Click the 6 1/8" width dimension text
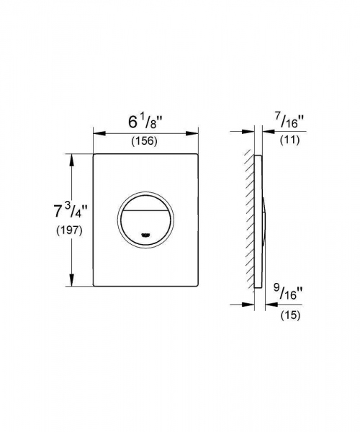[x=145, y=117]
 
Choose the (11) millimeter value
[x=292, y=140]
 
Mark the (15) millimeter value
[x=291, y=315]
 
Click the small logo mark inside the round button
[x=146, y=233]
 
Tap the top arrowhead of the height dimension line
[x=71, y=158]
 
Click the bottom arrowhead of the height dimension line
[x=71, y=282]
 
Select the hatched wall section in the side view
[x=248, y=220]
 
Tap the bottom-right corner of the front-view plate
[x=197, y=286]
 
